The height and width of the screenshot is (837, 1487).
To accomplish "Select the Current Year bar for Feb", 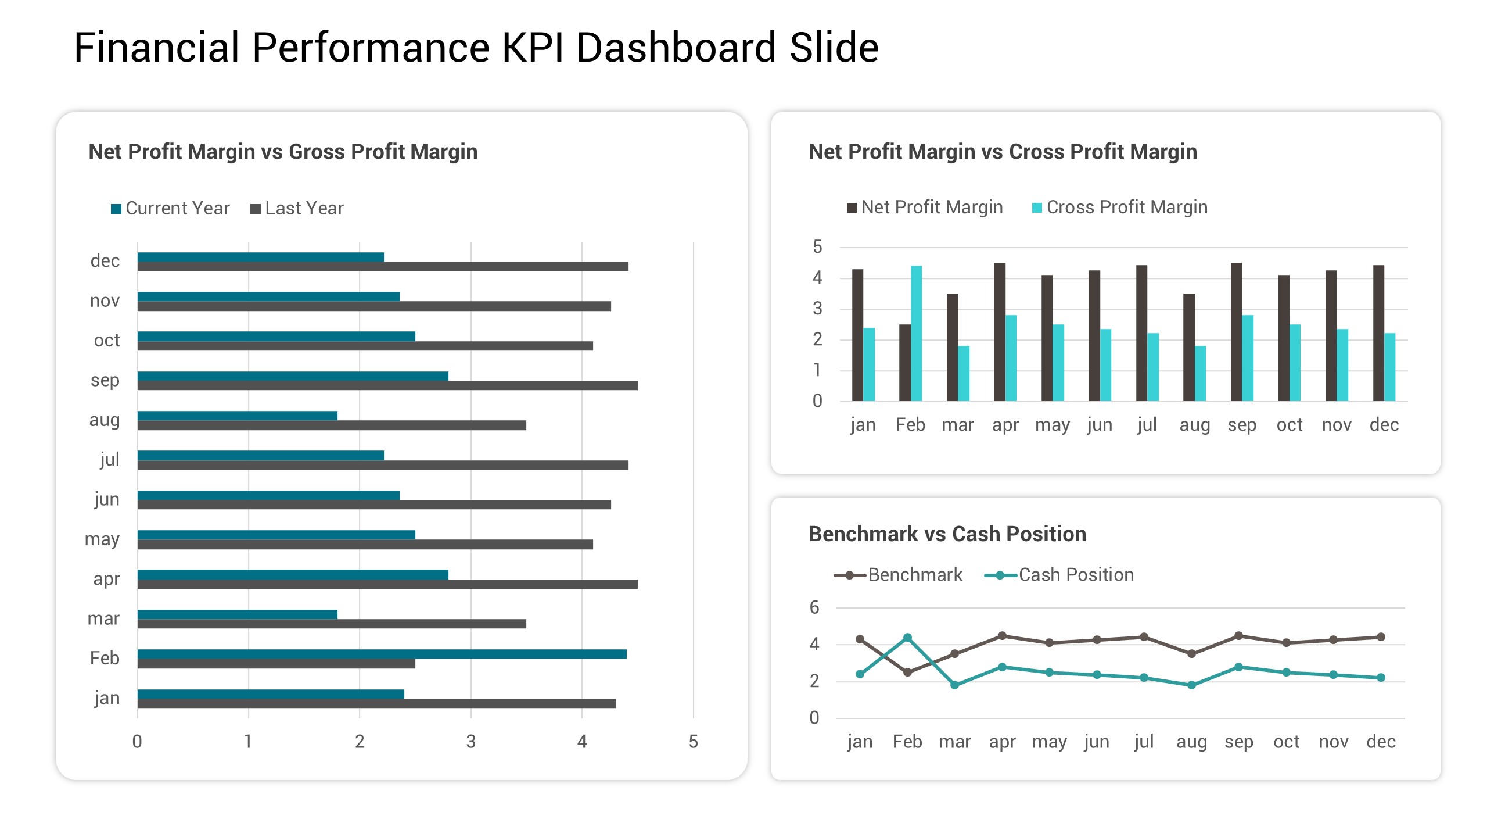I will (382, 654).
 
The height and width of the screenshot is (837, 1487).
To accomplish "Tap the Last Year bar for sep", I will (387, 385).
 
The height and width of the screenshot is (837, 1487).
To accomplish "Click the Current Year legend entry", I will (171, 208).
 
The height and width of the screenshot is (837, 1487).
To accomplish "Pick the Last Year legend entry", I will (297, 208).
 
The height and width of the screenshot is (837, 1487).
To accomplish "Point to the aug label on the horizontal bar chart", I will (105, 420).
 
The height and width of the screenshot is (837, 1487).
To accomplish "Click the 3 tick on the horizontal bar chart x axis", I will (470, 742).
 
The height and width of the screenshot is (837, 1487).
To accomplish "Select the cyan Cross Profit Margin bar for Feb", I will (916, 333).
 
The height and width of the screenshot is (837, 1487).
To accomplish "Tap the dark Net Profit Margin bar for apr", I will (999, 332).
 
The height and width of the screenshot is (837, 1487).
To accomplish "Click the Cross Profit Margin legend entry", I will (1119, 207).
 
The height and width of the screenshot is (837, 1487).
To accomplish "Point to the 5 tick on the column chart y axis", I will (817, 247).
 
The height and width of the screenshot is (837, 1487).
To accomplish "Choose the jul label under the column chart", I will (1147, 425).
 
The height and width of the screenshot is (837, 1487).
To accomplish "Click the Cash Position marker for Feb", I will (907, 638).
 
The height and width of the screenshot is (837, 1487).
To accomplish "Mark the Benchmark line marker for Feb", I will (907, 673).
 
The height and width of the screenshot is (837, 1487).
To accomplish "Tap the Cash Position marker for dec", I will (1381, 678).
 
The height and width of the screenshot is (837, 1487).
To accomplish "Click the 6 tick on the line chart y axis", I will (814, 608).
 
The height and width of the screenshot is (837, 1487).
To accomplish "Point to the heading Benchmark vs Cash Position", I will (947, 534).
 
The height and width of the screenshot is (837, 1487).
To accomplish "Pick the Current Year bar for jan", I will (271, 694).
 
